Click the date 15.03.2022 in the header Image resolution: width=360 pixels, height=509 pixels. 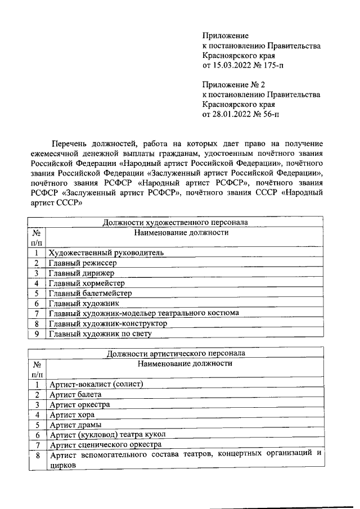click(232, 66)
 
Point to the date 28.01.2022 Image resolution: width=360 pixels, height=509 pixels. click(232, 114)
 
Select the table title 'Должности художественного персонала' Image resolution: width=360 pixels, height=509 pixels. click(175, 222)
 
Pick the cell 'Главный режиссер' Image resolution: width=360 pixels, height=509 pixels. click(83, 263)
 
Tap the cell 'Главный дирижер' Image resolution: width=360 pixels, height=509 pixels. click(82, 273)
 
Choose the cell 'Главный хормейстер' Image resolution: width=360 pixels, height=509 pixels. click(87, 283)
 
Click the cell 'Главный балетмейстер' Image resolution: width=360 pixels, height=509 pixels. click(91, 293)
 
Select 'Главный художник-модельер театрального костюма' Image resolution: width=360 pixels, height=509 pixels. click(144, 313)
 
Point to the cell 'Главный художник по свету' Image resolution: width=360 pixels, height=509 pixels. click(100, 334)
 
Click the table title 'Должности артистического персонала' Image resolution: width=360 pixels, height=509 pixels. click(175, 354)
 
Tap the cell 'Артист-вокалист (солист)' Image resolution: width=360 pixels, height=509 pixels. click(97, 384)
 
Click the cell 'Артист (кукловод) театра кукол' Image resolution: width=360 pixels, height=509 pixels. click(109, 435)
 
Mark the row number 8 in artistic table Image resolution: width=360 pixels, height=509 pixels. click(37, 455)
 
